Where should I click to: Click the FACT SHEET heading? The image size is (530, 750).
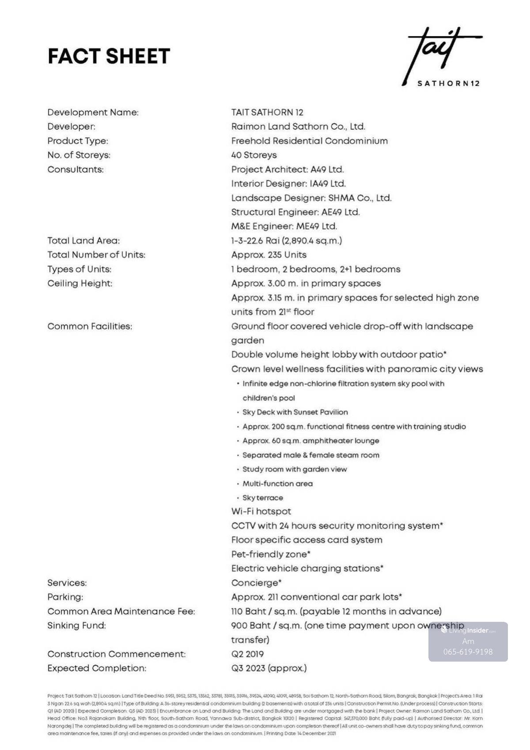[109, 56]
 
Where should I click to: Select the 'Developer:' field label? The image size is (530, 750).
[71, 127]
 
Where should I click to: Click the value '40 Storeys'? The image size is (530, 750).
[254, 155]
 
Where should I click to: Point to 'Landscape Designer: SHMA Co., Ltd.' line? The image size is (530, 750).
[311, 198]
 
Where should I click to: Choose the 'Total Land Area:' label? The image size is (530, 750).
[83, 241]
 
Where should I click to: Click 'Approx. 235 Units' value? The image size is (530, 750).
[269, 255]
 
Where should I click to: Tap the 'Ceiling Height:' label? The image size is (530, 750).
[80, 283]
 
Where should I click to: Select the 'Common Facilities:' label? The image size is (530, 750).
[90, 327]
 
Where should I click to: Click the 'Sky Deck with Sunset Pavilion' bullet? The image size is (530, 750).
[295, 412]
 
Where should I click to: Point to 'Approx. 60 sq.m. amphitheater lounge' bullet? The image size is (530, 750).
[310, 441]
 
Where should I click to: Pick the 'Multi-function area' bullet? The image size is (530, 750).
[277, 484]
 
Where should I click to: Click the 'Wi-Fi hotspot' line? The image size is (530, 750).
[261, 511]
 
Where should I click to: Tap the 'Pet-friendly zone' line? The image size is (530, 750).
[270, 554]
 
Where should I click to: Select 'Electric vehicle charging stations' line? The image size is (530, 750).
[307, 568]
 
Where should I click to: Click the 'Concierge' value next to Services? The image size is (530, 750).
[256, 583]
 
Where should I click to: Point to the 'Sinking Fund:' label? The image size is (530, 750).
[76, 625]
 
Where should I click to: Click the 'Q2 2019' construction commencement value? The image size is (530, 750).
[247, 654]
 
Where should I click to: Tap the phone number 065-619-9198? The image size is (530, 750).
[468, 652]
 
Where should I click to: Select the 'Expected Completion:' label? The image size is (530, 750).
[97, 668]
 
